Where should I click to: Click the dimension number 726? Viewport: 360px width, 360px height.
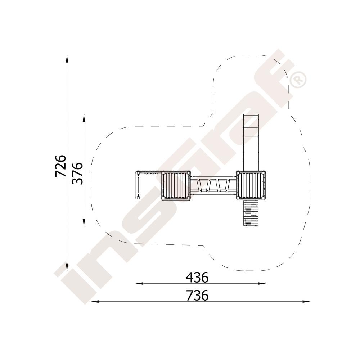pyautogui.click(x=60, y=166)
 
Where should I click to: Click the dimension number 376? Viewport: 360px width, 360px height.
pyautogui.click(x=77, y=174)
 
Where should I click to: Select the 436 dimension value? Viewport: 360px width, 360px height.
pyautogui.click(x=197, y=277)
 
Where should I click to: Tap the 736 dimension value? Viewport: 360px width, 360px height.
pyautogui.click(x=197, y=295)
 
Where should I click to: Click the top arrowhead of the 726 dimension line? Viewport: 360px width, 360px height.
pyautogui.click(x=67, y=59)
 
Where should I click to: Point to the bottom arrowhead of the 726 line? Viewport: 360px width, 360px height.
pyautogui.click(x=67, y=267)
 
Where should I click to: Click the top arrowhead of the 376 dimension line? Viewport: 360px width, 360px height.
pyautogui.click(x=84, y=118)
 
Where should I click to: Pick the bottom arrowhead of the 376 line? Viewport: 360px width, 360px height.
pyautogui.click(x=84, y=222)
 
